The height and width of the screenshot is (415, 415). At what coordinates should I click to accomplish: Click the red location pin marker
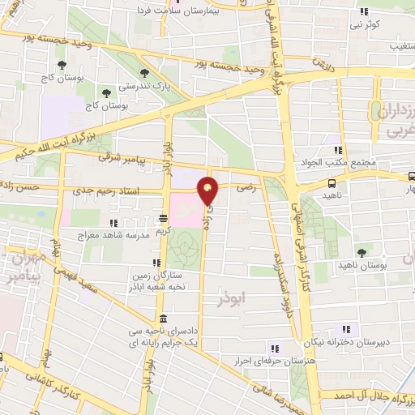[209, 190]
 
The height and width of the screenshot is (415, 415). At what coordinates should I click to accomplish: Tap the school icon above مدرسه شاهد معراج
[113, 222]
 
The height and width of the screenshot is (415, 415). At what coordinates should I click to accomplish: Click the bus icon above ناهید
[332, 183]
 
